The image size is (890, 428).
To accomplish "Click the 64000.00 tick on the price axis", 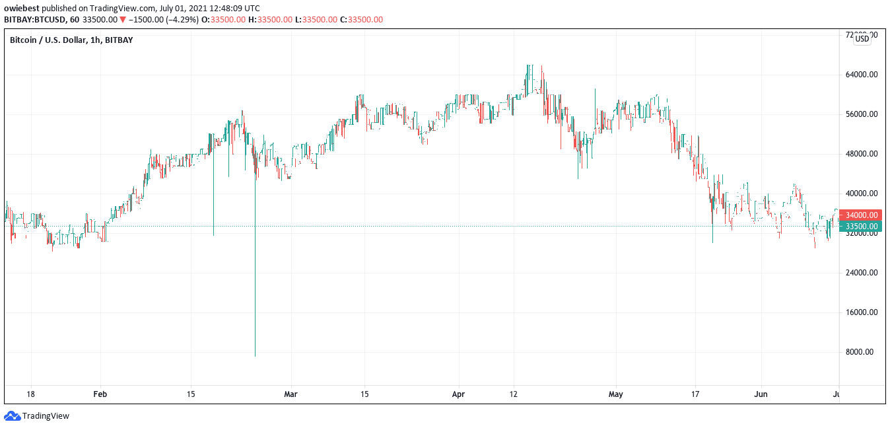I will pyautogui.click(x=861, y=75).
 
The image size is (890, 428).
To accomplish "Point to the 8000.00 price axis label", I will pyautogui.click(x=861, y=352).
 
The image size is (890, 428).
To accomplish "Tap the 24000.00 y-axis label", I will pyautogui.click(x=861, y=273).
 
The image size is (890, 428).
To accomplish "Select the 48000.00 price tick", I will pyautogui.click(x=861, y=154).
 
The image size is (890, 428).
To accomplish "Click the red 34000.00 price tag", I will pyautogui.click(x=861, y=215).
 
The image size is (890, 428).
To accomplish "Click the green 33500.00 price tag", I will pyautogui.click(x=861, y=227).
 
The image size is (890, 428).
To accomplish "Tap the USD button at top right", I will pyautogui.click(x=862, y=39).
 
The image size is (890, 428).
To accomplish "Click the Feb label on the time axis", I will pyautogui.click(x=100, y=394).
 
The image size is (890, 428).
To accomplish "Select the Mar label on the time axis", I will pyautogui.click(x=291, y=394).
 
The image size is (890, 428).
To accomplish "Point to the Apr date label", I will pyautogui.click(x=458, y=394).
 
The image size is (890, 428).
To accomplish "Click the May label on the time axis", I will pyautogui.click(x=615, y=394).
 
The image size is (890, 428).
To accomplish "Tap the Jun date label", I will pyautogui.click(x=761, y=394).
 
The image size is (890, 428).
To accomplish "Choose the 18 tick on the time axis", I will pyautogui.click(x=30, y=394).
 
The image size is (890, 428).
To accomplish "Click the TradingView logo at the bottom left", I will pyautogui.click(x=37, y=416).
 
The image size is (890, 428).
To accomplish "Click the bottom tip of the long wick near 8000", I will pyautogui.click(x=255, y=355).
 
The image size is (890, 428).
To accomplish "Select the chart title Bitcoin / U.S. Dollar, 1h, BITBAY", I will pyautogui.click(x=71, y=40).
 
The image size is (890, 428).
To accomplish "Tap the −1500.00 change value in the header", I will pyautogui.click(x=149, y=20).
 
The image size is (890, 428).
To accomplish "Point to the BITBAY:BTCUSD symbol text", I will pyautogui.click(x=35, y=20).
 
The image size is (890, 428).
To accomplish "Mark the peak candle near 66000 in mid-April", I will pyautogui.click(x=528, y=66).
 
